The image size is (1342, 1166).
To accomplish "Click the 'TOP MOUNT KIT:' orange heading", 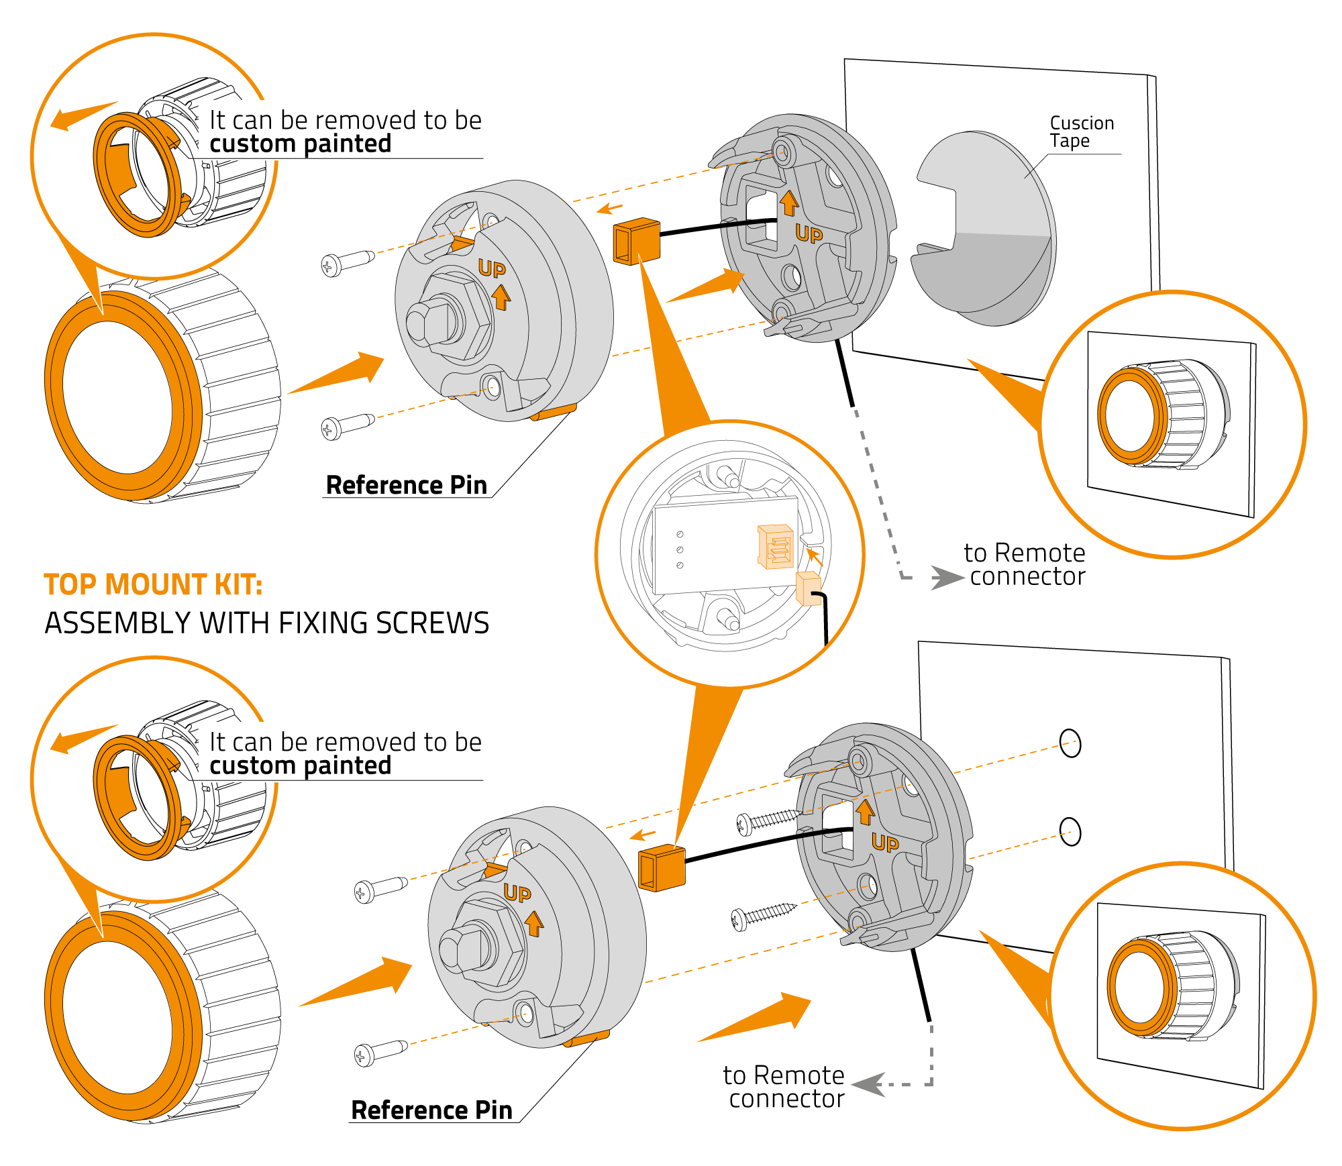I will [x=153, y=584].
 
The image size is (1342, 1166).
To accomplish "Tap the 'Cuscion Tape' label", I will [x=1081, y=132].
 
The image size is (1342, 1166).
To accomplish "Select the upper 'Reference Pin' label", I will [x=406, y=485].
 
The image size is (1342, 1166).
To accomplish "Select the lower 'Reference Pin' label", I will [x=431, y=1110].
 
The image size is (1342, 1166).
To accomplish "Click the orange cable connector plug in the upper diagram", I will [x=636, y=241].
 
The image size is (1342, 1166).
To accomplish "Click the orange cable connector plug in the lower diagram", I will [x=662, y=867].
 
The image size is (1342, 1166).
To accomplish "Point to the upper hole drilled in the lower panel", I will [x=1070, y=743].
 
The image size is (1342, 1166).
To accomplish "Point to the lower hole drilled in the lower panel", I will [x=1070, y=832].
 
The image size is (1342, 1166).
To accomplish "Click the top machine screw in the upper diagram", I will [x=346, y=262].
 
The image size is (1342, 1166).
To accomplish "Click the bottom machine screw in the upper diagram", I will [x=346, y=425].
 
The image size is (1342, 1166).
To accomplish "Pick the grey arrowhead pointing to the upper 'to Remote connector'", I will [x=946, y=577].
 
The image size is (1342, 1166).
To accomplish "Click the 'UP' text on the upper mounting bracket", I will [x=809, y=233].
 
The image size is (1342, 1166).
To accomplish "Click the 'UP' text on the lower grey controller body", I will [x=517, y=893].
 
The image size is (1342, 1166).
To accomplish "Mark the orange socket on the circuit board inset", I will [x=776, y=546].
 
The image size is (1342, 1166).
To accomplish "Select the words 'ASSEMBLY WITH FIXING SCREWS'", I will [x=266, y=623].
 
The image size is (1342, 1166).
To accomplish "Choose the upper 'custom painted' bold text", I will [x=300, y=144].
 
